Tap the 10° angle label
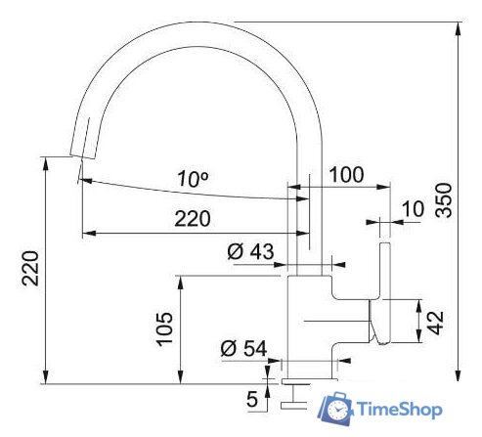(x=194, y=179)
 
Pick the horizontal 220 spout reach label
(x=193, y=219)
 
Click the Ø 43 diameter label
(x=250, y=252)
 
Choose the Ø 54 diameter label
(x=243, y=348)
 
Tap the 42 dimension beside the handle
(x=437, y=320)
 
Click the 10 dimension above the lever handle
(x=413, y=208)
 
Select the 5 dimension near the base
(x=252, y=399)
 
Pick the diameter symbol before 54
(x=228, y=348)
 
